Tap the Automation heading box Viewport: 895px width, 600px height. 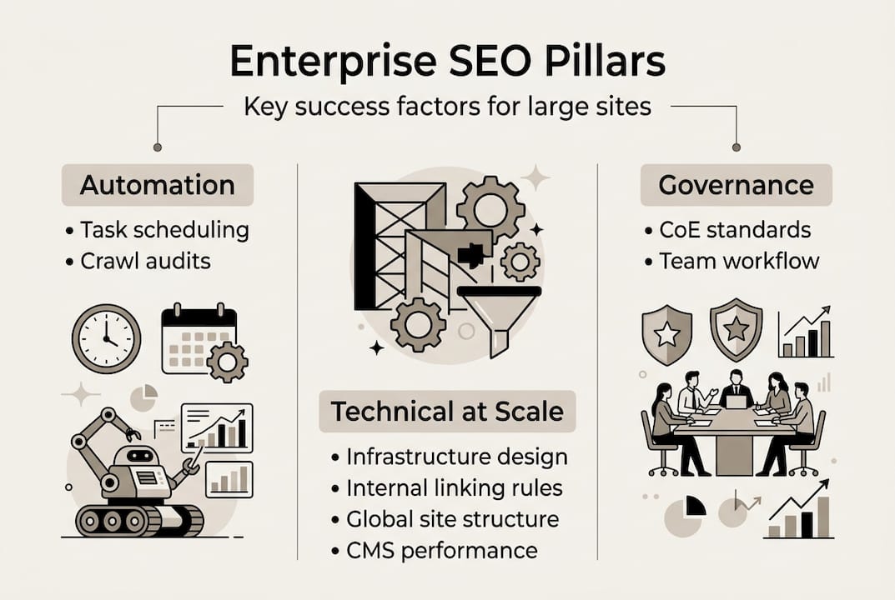157,185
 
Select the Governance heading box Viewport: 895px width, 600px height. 736,185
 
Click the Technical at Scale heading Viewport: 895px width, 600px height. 447,412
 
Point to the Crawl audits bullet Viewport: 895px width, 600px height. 145,261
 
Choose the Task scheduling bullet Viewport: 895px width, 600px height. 164,230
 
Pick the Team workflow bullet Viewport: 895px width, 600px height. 739,261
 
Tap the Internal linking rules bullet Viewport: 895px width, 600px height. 455,487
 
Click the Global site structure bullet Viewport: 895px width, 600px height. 452,518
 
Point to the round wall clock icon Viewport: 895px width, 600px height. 106,338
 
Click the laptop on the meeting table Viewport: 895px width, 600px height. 735,402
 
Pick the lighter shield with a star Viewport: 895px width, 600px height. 666,334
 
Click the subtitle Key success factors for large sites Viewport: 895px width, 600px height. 447,107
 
